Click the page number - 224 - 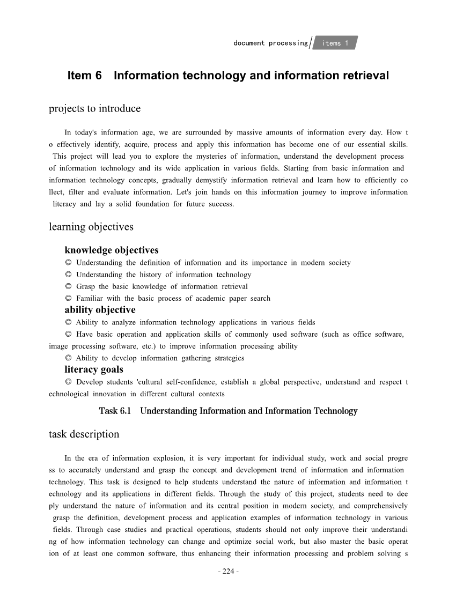click(x=228, y=571)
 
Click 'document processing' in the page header click(x=270, y=43)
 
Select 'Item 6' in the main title click(x=84, y=76)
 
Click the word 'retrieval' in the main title click(x=366, y=76)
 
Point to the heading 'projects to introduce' click(x=94, y=109)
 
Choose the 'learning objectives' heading click(x=91, y=227)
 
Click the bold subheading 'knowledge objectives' click(x=111, y=250)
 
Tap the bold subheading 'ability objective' click(x=100, y=310)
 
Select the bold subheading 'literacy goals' click(x=94, y=369)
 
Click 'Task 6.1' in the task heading click(x=115, y=411)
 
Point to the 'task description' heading click(x=84, y=434)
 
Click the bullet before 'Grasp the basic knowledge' click(x=68, y=287)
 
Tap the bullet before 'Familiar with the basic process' click(x=68, y=299)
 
